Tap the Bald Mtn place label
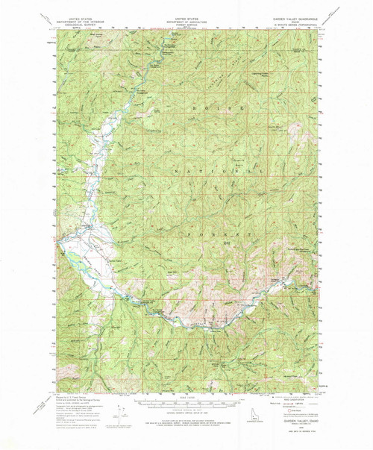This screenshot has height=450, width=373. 174,273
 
